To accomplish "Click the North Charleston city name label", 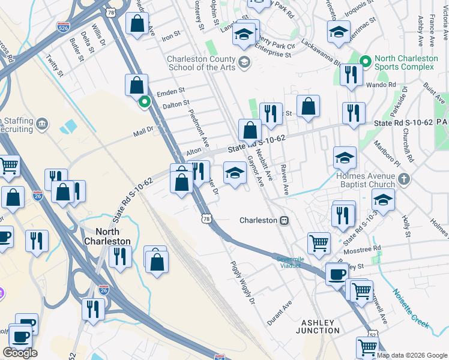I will click(x=113, y=236).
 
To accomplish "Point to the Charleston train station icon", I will click(x=285, y=220).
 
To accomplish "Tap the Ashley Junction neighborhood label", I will click(x=318, y=326).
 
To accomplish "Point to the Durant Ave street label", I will click(x=279, y=312).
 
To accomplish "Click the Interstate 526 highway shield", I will click(x=62, y=27).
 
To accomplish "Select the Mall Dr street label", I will click(x=143, y=130).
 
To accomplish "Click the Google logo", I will click(x=20, y=353).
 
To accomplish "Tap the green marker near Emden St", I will click(x=144, y=102).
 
